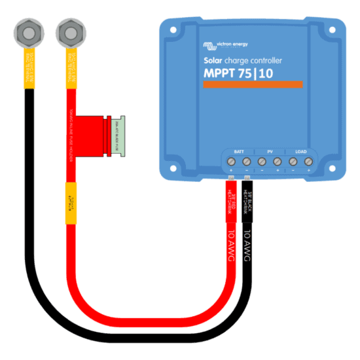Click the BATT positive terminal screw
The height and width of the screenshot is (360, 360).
click(x=231, y=161)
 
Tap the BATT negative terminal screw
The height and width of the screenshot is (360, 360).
click(x=246, y=161)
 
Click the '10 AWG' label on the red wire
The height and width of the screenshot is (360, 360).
click(x=231, y=246)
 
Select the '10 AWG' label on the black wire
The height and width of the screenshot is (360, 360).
click(x=247, y=246)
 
